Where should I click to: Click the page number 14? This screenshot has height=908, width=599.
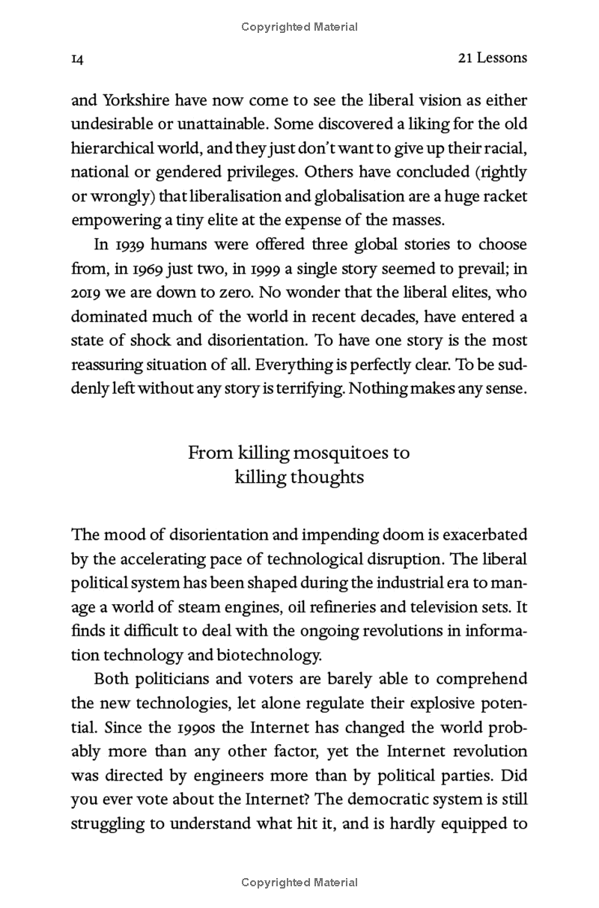coord(76,58)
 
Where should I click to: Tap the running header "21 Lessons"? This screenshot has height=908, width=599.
coord(492,58)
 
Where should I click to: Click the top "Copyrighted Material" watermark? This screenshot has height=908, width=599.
coord(299,27)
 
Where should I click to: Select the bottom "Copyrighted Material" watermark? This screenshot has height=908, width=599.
coord(299,883)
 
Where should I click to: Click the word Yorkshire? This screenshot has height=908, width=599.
coord(139,100)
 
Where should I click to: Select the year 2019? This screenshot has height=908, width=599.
coord(87,293)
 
